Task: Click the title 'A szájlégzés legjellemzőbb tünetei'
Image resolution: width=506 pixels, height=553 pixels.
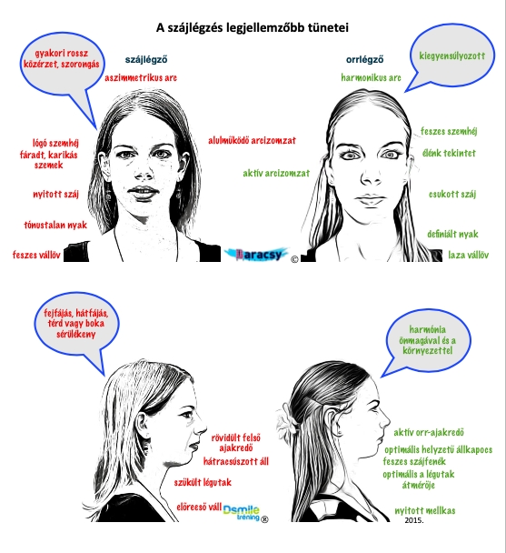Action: tap(253, 28)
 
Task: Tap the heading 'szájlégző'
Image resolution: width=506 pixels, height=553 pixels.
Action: tap(146, 60)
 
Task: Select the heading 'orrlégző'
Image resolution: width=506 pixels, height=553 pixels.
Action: tap(364, 60)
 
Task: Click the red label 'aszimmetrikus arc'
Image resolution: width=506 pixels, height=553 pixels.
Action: tap(141, 77)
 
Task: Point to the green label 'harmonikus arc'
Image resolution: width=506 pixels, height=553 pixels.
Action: tap(371, 77)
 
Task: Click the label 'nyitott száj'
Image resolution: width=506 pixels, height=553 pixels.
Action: tap(55, 195)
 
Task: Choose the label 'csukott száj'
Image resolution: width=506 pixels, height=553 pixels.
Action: tap(452, 195)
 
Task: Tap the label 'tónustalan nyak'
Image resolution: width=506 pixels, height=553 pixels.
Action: tap(55, 225)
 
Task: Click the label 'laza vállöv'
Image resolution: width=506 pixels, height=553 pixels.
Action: tap(468, 255)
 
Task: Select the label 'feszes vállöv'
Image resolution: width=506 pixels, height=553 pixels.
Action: tap(36, 255)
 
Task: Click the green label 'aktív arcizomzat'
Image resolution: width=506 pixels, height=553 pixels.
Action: tap(276, 173)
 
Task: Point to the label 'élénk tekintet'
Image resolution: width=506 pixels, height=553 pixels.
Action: tap(449, 153)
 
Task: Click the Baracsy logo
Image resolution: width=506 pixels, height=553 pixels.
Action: tap(256, 255)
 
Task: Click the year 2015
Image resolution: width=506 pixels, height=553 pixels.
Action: tap(414, 520)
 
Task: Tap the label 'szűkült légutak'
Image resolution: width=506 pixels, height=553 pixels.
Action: tap(203, 482)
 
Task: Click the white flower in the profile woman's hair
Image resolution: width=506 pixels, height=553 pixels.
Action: tap(287, 417)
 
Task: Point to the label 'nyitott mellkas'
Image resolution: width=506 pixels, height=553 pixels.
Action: tap(425, 510)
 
